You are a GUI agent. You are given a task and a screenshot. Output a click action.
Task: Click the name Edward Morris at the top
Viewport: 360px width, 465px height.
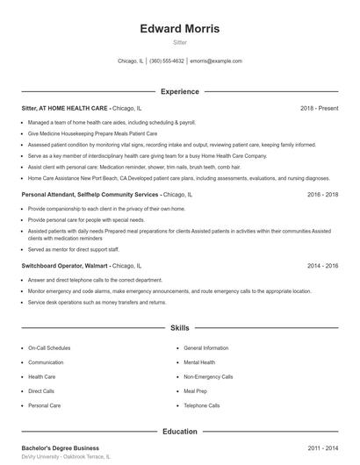[x=180, y=29]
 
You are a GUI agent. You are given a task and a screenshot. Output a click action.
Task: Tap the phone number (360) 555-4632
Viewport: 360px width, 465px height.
[x=167, y=61]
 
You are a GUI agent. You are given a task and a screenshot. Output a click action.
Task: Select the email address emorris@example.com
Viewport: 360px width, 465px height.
[x=216, y=61]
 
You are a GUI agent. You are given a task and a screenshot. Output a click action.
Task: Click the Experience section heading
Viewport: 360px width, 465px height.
[x=180, y=91]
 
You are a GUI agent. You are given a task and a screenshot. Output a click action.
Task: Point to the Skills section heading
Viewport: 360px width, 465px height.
[x=180, y=327]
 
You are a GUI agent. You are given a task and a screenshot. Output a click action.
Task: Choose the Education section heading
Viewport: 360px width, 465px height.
[x=180, y=432]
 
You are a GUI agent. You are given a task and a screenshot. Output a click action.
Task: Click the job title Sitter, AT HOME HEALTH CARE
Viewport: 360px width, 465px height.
[x=66, y=108]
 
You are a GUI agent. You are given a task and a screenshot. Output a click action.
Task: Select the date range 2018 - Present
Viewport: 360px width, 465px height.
[x=319, y=108]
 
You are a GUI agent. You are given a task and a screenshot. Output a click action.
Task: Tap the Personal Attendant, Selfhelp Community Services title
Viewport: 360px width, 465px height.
[x=90, y=194]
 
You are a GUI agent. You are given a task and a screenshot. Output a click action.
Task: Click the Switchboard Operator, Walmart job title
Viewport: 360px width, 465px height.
[x=65, y=265]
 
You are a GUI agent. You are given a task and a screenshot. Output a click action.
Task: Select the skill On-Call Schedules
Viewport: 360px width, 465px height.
[x=49, y=348]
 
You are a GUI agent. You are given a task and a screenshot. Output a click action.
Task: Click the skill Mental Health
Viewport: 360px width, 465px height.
[x=199, y=362]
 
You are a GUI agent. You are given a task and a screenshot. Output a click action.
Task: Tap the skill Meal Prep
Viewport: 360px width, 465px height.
[x=195, y=391]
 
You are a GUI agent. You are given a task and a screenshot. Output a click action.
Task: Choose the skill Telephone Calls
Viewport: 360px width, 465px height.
[x=202, y=405]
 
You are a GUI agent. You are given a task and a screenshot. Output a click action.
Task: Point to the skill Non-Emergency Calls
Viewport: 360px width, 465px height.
[x=208, y=376]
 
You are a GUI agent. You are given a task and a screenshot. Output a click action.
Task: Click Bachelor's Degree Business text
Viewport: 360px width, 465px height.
[x=61, y=448]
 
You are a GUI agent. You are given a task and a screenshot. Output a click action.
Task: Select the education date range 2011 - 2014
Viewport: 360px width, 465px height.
[x=324, y=448]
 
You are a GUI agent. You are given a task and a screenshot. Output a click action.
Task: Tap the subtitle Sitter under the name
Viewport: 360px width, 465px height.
[x=180, y=42]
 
